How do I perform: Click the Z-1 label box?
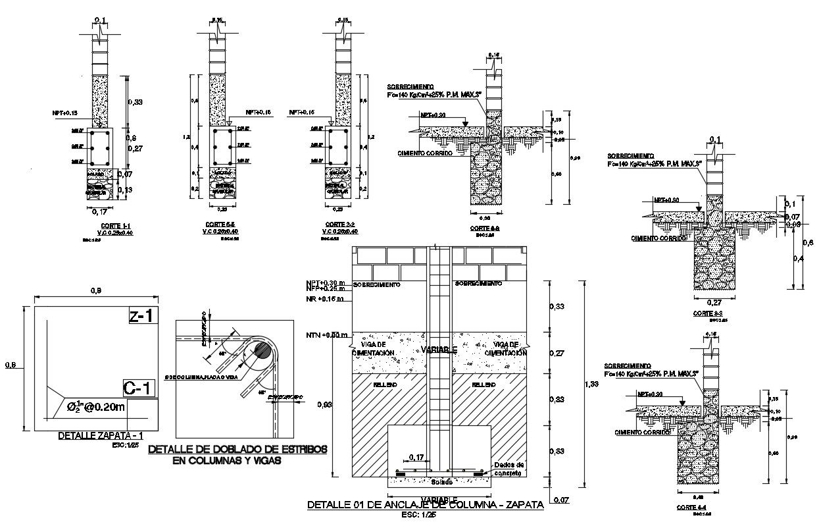click(x=141, y=316)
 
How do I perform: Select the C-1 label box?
click(x=139, y=388)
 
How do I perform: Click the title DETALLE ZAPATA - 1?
click(x=101, y=436)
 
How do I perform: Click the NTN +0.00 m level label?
click(x=327, y=336)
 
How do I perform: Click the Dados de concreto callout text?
click(x=508, y=469)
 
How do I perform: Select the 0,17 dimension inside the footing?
click(x=416, y=457)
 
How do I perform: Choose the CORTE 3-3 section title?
click(x=708, y=313)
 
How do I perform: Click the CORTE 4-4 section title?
click(x=693, y=508)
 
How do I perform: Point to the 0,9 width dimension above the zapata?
click(x=96, y=292)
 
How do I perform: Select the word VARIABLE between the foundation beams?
click(x=439, y=350)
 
